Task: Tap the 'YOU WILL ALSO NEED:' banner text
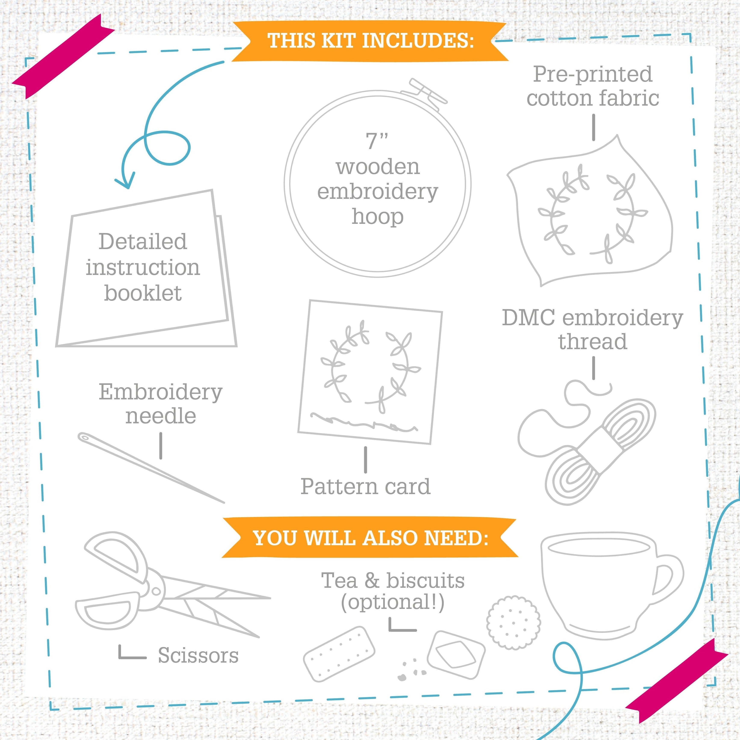pyautogui.click(x=370, y=538)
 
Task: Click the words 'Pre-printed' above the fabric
pyautogui.click(x=592, y=75)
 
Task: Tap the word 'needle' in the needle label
pyautogui.click(x=161, y=416)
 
